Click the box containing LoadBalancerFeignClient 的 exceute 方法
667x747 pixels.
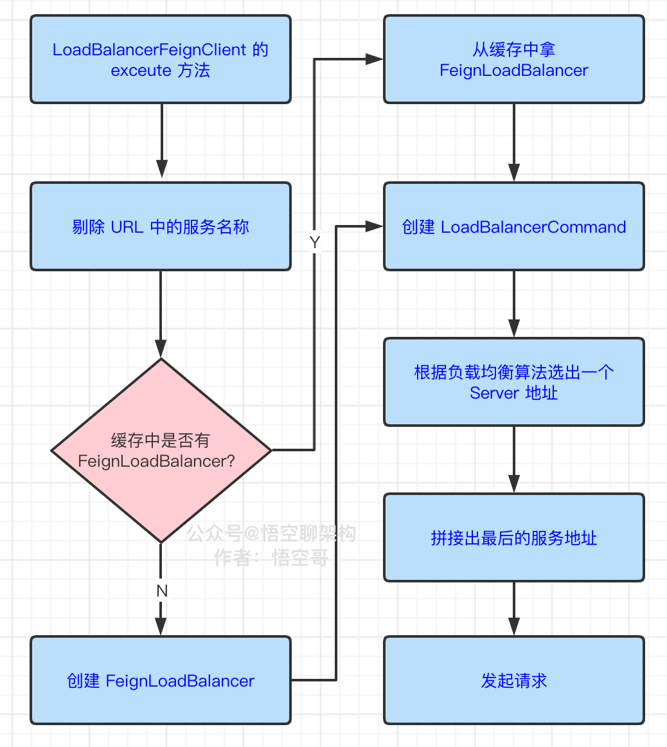161,59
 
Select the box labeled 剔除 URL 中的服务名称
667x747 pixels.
161,226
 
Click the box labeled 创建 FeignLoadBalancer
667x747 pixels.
161,680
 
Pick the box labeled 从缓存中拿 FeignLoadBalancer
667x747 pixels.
513,59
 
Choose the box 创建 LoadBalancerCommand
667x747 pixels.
513,226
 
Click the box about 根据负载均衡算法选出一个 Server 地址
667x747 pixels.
513,382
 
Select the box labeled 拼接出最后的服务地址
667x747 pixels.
513,537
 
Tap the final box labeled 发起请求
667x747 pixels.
513,680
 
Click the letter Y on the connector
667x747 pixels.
314,243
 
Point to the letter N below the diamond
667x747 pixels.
161,591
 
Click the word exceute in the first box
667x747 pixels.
141,71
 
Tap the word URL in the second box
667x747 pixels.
127,227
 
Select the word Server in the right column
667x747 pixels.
494,393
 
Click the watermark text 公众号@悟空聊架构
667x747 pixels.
271,533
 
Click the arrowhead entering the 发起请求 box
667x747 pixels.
513,627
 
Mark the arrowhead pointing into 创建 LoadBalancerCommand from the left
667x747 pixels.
375,226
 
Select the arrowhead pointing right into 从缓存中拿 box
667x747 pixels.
375,59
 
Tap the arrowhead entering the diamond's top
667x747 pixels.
161,349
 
